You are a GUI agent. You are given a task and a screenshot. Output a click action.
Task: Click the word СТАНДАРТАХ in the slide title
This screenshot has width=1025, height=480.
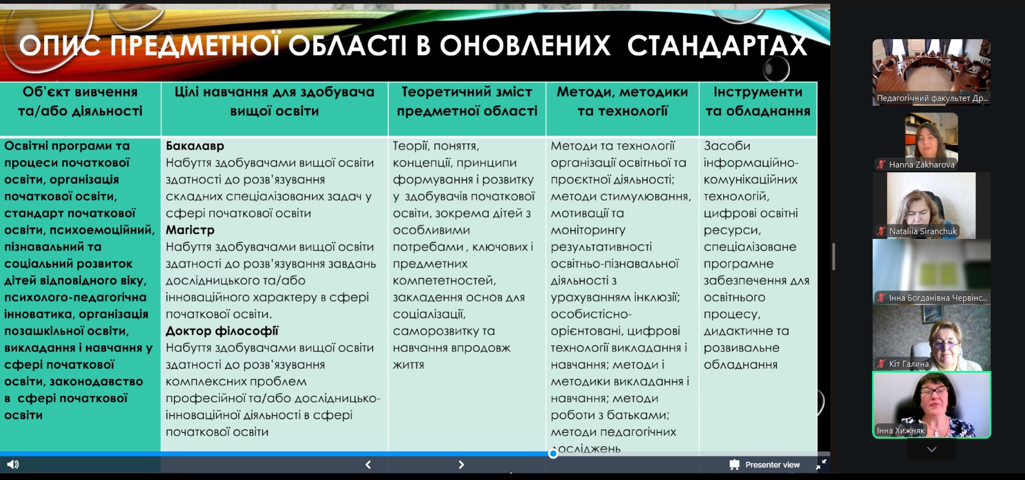[x=717, y=46]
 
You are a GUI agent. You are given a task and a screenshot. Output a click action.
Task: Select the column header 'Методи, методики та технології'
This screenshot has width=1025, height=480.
[x=623, y=101]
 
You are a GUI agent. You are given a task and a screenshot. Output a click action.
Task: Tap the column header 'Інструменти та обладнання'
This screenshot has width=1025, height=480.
[x=758, y=101]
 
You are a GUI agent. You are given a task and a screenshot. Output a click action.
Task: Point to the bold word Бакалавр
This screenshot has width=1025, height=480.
[x=195, y=146]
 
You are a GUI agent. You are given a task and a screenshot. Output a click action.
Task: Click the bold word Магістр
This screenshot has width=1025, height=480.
[x=190, y=230]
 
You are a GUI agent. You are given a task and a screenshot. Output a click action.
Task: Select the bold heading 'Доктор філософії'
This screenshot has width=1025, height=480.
[x=222, y=331]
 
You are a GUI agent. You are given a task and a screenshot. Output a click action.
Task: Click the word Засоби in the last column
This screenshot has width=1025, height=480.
[x=727, y=146]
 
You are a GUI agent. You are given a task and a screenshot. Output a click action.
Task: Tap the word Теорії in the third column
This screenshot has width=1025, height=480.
[x=411, y=146]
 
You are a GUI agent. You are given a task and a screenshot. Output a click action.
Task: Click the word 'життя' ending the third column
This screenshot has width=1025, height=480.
[x=408, y=365]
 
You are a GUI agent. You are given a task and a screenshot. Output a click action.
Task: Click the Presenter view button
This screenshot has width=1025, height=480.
[x=765, y=464]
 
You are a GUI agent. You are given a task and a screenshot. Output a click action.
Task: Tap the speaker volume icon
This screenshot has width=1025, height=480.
[x=13, y=464]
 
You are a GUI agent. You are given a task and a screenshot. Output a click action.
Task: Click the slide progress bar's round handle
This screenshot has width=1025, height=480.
[x=553, y=454]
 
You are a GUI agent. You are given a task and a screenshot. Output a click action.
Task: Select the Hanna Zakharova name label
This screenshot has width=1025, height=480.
[x=921, y=165]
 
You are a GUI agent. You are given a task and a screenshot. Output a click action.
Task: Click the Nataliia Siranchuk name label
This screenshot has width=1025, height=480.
[x=922, y=231]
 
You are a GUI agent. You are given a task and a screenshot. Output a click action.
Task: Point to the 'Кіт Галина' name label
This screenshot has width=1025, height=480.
[x=909, y=364]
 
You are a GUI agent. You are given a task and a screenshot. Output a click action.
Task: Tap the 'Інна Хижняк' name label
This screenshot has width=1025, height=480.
[x=900, y=431]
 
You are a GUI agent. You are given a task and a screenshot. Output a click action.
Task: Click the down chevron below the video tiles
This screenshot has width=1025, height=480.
[x=932, y=449]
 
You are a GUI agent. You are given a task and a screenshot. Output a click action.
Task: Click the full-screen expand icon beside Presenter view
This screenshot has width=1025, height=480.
[x=821, y=464]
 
